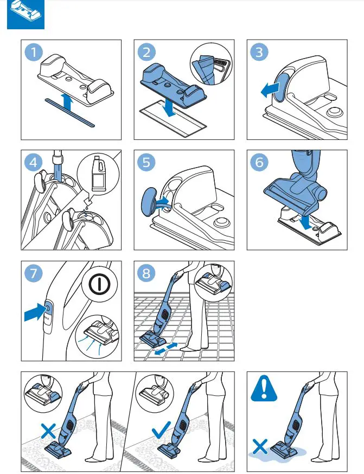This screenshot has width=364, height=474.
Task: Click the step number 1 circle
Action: point(34,52)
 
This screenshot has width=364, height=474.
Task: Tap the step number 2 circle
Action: point(146,52)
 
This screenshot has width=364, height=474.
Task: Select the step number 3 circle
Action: point(259,52)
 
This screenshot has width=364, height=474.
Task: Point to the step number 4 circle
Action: point(34,162)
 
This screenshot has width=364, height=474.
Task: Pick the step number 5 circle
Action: point(146,162)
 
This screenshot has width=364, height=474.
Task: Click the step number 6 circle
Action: point(259,162)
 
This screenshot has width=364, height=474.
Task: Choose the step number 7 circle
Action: point(34,273)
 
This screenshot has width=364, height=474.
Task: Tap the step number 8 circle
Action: point(146,273)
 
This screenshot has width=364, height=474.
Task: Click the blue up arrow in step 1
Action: point(67,102)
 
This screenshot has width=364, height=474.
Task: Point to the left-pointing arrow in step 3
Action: point(270,90)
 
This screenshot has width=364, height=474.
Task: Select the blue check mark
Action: point(161,430)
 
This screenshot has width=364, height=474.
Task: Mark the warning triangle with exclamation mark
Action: point(264,388)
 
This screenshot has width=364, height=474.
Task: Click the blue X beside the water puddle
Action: point(260,447)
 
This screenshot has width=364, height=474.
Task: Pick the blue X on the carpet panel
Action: point(48,431)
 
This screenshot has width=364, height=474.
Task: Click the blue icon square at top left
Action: point(25,15)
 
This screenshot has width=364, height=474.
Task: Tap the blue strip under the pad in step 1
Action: point(70,112)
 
